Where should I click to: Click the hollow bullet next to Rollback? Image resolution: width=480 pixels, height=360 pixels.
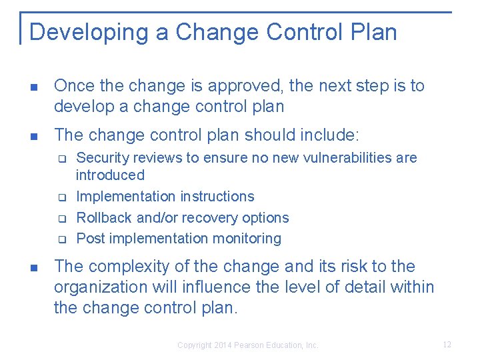[59, 218]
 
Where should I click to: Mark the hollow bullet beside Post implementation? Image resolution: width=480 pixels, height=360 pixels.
[59, 239]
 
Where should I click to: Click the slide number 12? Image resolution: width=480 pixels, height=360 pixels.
[447, 345]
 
